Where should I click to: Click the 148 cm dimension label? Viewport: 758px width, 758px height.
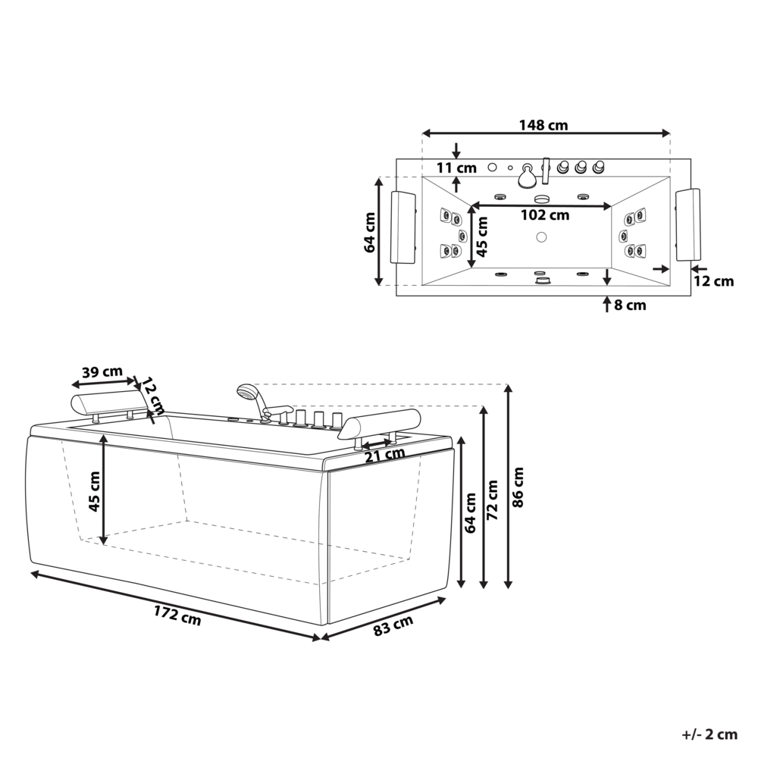tap(543, 125)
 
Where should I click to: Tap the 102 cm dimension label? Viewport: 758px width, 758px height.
tap(544, 215)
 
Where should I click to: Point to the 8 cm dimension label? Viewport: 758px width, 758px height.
tap(630, 305)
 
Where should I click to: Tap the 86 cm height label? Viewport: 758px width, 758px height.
tap(518, 487)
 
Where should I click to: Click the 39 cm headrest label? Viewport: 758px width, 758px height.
tap(102, 371)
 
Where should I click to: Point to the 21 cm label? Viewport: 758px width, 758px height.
tap(384, 454)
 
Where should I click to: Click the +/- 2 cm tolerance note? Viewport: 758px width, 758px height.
tap(709, 734)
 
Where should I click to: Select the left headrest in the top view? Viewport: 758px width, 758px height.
tap(403, 227)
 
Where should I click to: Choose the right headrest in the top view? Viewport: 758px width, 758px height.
tap(688, 224)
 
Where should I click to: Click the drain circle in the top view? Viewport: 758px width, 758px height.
tap(541, 236)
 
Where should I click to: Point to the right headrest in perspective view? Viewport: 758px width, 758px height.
tap(379, 423)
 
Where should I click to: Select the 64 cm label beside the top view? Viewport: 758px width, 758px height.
tap(370, 233)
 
